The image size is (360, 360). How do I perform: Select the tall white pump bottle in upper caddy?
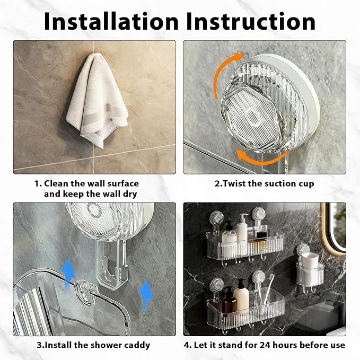[x=242, y=230]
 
